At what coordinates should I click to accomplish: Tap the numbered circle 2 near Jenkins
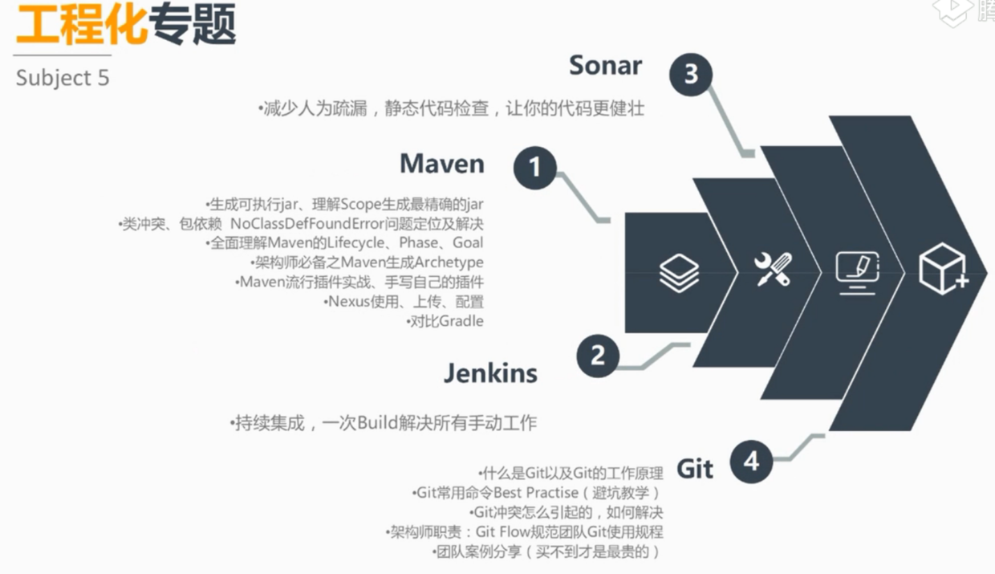click(x=598, y=354)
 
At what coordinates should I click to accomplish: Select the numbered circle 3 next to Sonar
click(x=691, y=75)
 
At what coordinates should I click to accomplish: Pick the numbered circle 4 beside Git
click(x=751, y=462)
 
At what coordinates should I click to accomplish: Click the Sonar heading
click(x=605, y=65)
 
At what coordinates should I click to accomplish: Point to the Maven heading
click(x=442, y=163)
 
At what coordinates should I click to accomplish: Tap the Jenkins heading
click(x=490, y=373)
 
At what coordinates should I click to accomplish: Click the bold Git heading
click(x=695, y=468)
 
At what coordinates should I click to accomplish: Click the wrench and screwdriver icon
click(x=774, y=270)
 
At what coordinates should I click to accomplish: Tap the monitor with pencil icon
click(x=858, y=271)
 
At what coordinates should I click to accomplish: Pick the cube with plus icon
click(x=944, y=269)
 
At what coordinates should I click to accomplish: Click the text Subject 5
click(x=62, y=78)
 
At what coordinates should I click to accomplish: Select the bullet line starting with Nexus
click(x=404, y=302)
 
